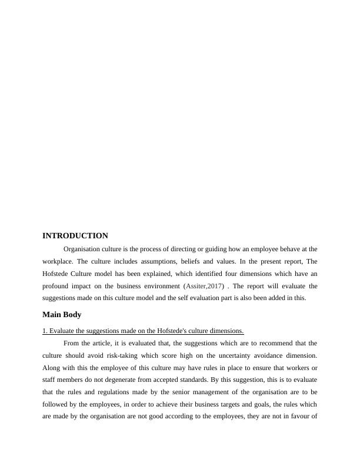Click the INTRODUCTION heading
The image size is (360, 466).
(75, 235)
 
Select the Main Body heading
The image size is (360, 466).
(62, 315)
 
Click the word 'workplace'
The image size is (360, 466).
(57, 261)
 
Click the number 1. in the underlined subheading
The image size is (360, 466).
(45, 331)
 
